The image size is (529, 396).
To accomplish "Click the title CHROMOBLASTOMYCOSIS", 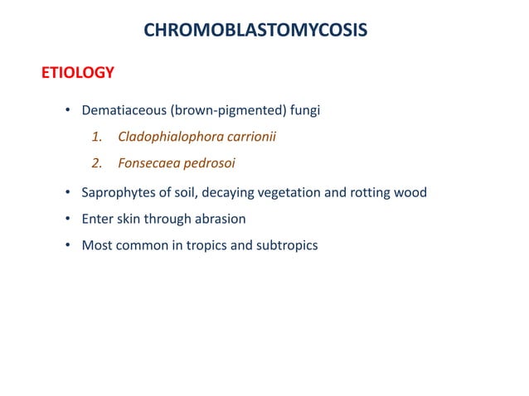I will pyautogui.click(x=255, y=31).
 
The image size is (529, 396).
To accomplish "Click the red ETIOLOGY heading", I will pyautogui.click(x=78, y=74).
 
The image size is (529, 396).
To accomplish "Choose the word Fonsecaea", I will pyautogui.click(x=148, y=163).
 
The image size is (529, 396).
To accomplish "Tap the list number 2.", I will pyautogui.click(x=96, y=163).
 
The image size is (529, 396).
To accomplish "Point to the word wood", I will pyautogui.click(x=410, y=193).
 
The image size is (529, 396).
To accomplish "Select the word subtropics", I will pyautogui.click(x=287, y=246).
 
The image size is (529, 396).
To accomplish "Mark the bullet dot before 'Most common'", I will pyautogui.click(x=69, y=246).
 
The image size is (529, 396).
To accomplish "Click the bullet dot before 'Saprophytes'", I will pyautogui.click(x=69, y=193).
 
